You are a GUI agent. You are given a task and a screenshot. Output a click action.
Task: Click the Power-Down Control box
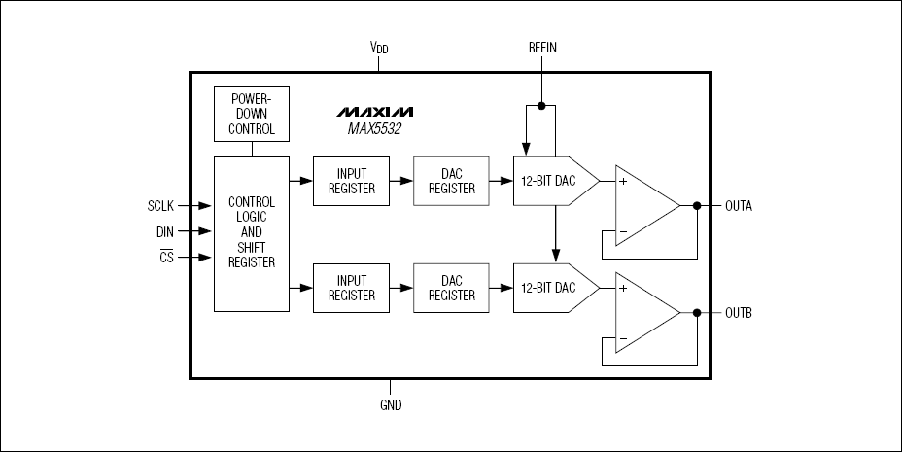(252, 114)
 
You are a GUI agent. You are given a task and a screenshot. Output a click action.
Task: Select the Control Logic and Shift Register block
(252, 233)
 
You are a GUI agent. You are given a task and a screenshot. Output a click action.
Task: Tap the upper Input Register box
(351, 181)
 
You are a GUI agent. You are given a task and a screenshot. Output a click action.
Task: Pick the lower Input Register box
(351, 288)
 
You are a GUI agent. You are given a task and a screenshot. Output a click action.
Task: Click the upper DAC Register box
(451, 181)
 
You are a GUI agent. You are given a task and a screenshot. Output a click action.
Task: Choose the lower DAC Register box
(451, 288)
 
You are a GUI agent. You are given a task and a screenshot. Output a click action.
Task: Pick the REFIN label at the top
(542, 48)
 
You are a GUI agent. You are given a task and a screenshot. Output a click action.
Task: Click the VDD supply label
(380, 48)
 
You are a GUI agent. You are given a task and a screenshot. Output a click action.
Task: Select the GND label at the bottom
(390, 404)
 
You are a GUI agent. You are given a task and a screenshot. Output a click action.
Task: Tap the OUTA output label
(739, 206)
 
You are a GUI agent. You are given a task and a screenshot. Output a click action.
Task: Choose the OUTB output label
(739, 313)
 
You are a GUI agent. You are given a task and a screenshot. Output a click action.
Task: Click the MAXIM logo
(376, 111)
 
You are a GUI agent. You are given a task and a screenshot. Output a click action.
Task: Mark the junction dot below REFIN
(541, 105)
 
